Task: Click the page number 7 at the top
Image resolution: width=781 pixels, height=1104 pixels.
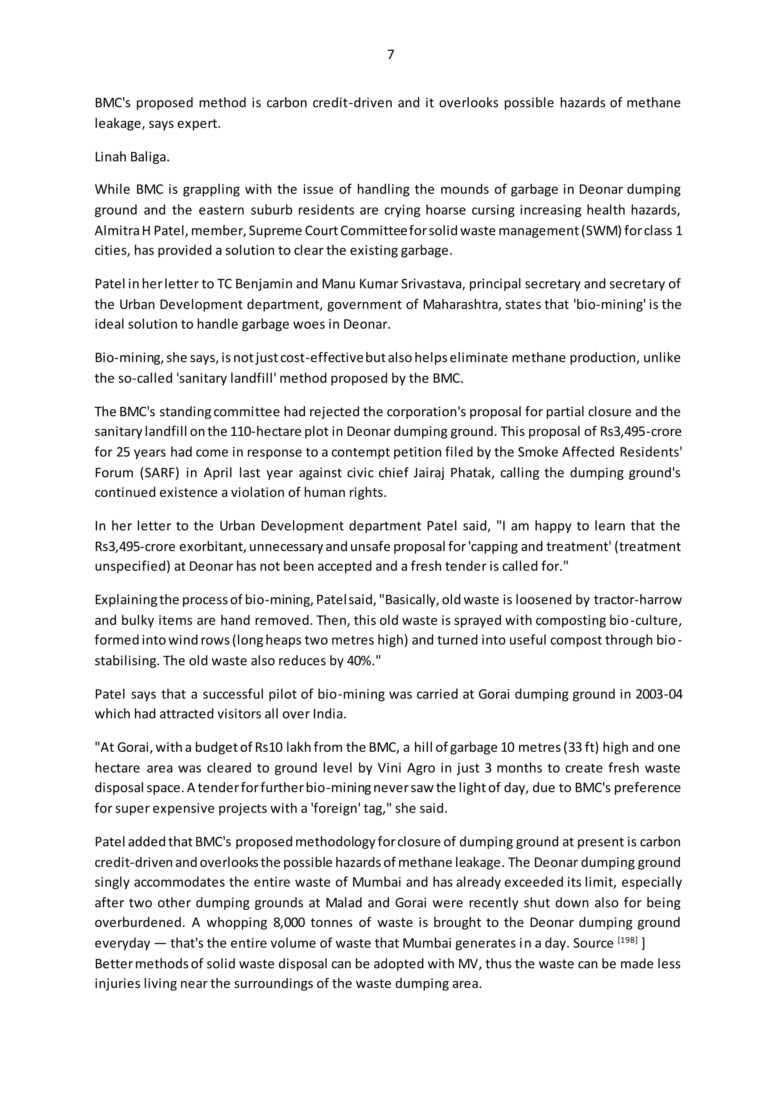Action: pos(390,55)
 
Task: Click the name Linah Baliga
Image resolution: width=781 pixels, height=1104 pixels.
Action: pos(132,157)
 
